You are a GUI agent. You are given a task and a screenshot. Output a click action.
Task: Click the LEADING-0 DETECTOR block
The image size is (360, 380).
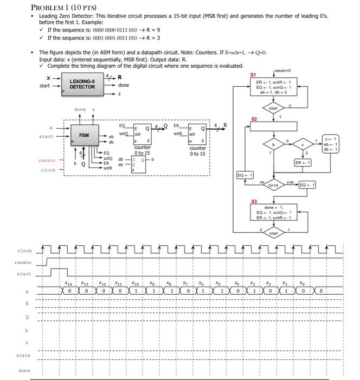click(82, 84)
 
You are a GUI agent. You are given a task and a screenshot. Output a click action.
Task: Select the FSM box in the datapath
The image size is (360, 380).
click(84, 135)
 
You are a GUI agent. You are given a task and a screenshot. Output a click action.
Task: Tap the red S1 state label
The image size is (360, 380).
click(253, 74)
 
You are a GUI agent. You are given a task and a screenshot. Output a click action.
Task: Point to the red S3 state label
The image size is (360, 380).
click(253, 201)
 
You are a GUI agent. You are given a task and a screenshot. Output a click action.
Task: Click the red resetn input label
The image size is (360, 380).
click(47, 161)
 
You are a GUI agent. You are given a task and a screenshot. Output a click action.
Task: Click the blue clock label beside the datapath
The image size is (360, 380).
click(48, 170)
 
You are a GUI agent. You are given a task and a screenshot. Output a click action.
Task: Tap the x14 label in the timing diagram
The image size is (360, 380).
click(68, 283)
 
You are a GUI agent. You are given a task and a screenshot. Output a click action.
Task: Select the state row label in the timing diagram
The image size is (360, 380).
click(23, 356)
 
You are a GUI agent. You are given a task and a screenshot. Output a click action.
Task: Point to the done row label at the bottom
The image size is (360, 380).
click(24, 371)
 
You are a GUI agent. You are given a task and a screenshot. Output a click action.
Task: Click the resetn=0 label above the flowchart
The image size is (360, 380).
click(283, 71)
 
